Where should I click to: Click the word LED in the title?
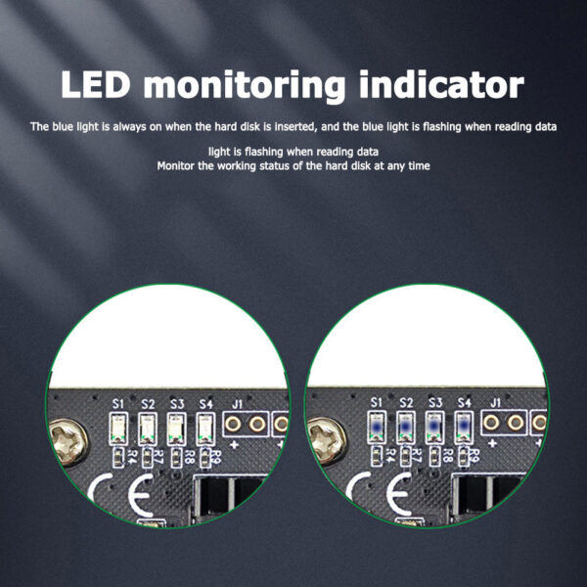pyautogui.click(x=96, y=84)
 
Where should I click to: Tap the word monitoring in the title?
pyautogui.click(x=245, y=86)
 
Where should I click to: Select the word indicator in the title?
pyautogui.click(x=441, y=84)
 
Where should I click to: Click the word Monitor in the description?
pyautogui.click(x=175, y=165)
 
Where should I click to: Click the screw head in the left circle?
pyautogui.click(x=68, y=442)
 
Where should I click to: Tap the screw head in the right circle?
pyautogui.click(x=327, y=440)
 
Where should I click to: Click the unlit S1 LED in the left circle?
pyautogui.click(x=118, y=429)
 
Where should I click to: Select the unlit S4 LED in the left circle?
pyautogui.click(x=205, y=429)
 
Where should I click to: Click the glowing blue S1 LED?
pyautogui.click(x=377, y=427)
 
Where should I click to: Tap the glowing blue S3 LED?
pyautogui.click(x=434, y=427)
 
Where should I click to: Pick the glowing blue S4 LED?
pyautogui.click(x=464, y=427)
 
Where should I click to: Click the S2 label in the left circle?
pyautogui.click(x=149, y=404)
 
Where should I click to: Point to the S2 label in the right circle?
pyautogui.click(x=406, y=403)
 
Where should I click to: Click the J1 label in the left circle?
pyautogui.click(x=238, y=404)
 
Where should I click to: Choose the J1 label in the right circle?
pyautogui.click(x=495, y=403)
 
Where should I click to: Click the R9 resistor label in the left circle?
pyautogui.click(x=216, y=457)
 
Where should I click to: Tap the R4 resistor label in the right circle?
pyautogui.click(x=390, y=455)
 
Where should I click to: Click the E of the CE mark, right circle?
pyautogui.click(x=398, y=494)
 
